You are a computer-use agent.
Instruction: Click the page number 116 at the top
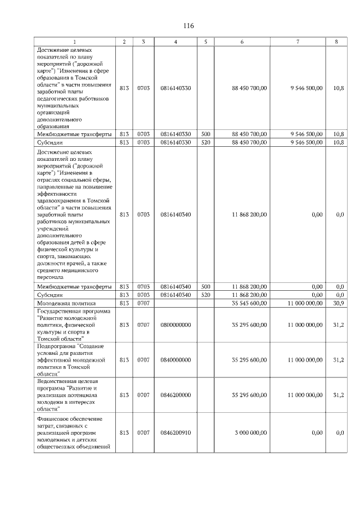pos(188,26)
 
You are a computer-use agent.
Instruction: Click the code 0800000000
pos(175,325)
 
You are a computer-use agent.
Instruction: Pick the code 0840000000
pos(175,360)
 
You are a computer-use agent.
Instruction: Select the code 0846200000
pos(175,395)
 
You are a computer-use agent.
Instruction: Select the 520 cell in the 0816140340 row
pos(206,295)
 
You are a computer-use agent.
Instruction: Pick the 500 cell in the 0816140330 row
pos(206,134)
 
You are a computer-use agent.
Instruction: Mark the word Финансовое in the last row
pos(55,418)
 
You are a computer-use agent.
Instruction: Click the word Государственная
pos(62,311)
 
